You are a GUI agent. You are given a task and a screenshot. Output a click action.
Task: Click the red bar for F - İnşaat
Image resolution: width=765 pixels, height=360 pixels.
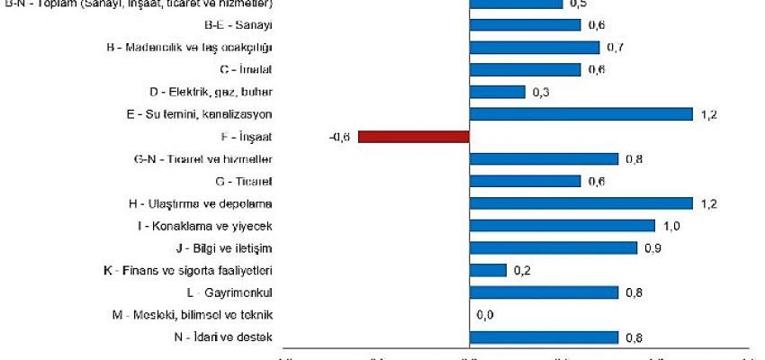414,137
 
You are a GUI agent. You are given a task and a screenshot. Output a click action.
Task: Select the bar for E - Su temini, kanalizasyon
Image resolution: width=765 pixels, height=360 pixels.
580,114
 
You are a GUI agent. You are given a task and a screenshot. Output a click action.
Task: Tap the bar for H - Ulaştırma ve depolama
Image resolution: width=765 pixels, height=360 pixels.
580,203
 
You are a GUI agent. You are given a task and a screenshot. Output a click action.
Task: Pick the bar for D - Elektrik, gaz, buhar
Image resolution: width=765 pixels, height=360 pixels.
497,92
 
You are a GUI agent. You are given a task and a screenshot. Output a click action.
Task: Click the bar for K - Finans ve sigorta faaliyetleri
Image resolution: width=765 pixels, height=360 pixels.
488,270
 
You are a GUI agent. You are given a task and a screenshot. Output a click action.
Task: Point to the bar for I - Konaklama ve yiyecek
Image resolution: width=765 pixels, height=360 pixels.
562,226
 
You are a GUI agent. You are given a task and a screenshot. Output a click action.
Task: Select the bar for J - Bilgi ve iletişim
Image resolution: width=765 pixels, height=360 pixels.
553,247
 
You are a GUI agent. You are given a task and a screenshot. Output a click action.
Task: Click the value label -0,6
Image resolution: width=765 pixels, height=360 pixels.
339,137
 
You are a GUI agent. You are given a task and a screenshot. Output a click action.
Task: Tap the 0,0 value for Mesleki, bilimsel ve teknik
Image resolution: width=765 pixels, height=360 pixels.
484,315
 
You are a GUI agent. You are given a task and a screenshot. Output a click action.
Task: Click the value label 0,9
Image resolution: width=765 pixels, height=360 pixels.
652,247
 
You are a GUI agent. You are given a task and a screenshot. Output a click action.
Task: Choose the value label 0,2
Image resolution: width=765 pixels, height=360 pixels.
522,270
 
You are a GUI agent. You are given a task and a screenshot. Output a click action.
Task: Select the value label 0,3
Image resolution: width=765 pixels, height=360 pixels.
540,92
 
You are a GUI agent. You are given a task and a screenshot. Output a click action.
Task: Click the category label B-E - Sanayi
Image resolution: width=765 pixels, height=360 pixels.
238,24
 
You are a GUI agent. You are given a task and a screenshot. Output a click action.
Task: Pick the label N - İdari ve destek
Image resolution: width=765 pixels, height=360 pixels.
221,337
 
